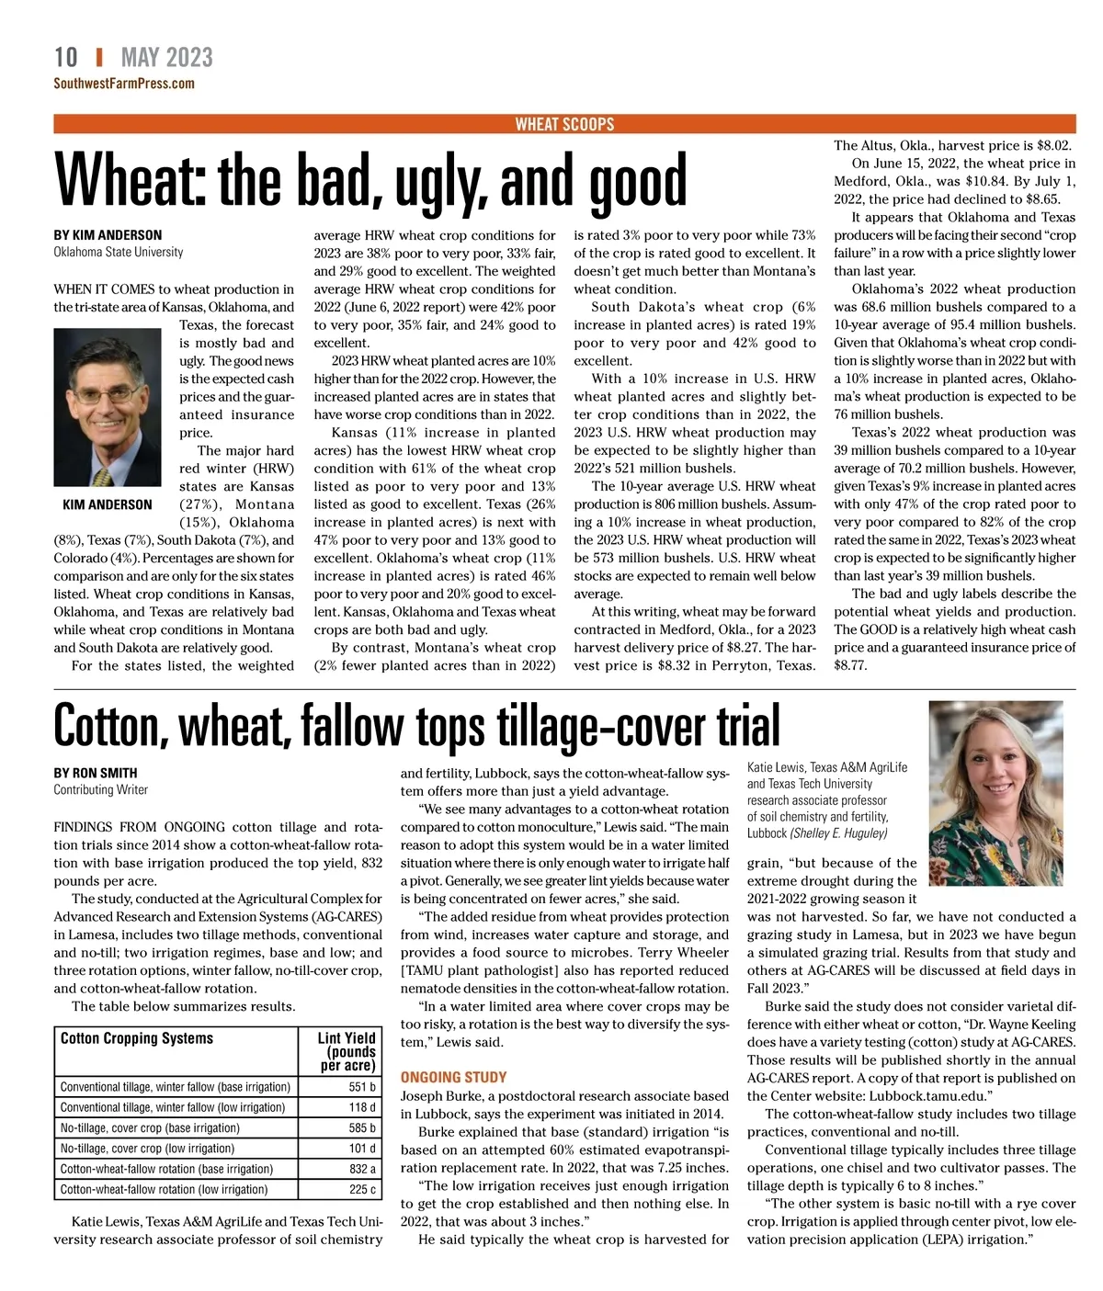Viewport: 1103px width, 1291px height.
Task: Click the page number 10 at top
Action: pos(66,58)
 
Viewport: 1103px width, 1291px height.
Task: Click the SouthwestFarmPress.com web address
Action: pos(124,84)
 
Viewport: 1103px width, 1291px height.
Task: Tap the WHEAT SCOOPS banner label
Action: pos(564,124)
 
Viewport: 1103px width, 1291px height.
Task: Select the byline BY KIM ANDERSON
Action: pos(108,235)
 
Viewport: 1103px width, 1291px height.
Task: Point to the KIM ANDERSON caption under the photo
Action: pos(108,504)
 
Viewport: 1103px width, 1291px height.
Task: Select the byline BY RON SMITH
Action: pos(96,773)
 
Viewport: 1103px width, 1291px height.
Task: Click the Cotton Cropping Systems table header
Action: pos(137,1038)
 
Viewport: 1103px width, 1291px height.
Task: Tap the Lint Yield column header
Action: pos(347,1050)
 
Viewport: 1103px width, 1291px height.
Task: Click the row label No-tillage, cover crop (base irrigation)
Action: pos(150,1127)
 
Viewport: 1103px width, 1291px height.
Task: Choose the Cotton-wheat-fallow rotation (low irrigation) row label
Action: pos(165,1189)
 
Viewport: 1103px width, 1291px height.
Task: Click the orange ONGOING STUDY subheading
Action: pos(453,1077)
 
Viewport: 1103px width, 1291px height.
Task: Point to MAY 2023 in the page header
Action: pos(166,58)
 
